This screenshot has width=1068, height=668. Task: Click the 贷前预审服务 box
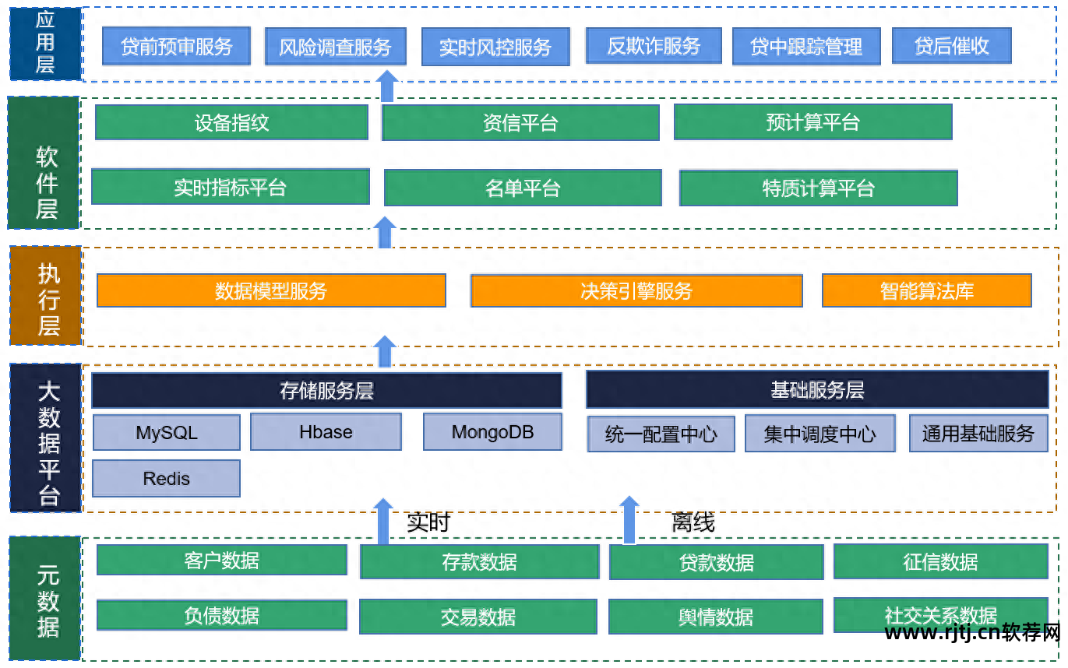(177, 47)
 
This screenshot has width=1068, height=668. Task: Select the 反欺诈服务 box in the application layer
(653, 46)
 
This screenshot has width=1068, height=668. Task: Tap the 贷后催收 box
(951, 46)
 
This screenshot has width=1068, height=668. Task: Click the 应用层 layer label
(45, 44)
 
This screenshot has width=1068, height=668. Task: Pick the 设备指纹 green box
(231, 122)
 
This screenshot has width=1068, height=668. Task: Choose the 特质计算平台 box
(818, 188)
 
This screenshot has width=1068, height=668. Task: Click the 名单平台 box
(523, 188)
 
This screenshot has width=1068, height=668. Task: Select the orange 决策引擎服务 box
(636, 291)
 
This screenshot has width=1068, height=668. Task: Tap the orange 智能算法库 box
(926, 291)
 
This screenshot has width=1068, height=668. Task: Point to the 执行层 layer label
(47, 297)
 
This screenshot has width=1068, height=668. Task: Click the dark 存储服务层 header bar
(326, 390)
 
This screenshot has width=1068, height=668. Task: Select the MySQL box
(166, 433)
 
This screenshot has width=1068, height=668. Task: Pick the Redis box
(166, 478)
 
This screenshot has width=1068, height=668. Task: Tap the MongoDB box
(492, 432)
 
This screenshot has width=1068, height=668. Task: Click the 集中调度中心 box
(820, 434)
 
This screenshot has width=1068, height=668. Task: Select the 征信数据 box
(940, 562)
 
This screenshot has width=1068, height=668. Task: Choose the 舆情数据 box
(715, 617)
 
